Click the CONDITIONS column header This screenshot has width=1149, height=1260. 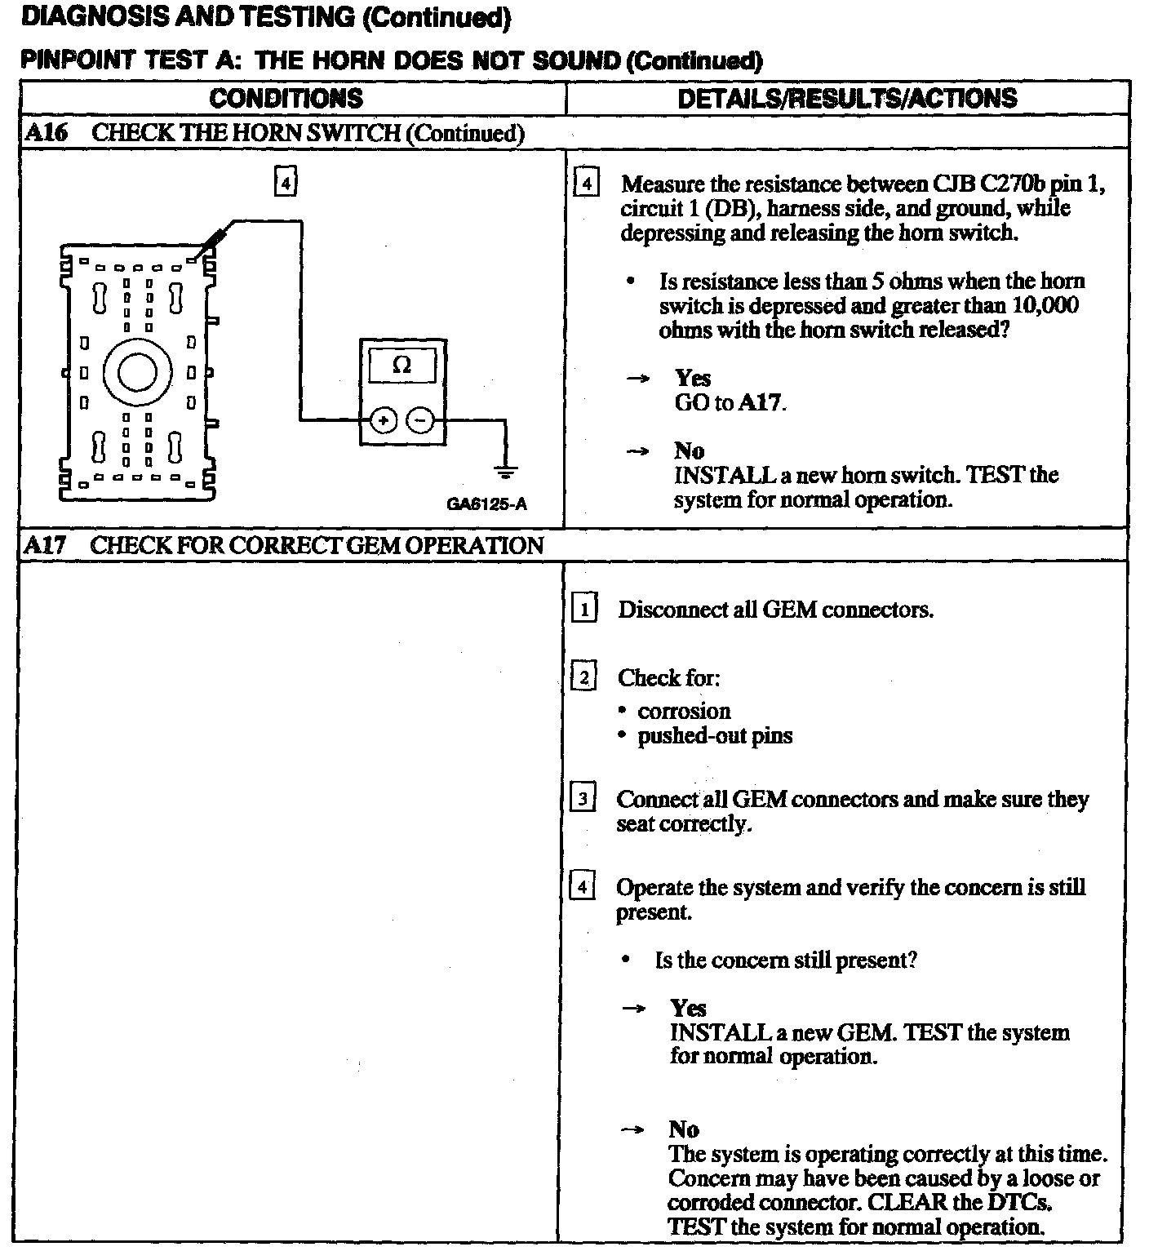coord(286,99)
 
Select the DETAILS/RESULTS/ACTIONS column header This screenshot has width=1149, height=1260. coord(847,99)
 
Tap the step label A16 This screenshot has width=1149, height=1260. coord(46,133)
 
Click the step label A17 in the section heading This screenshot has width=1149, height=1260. coord(44,545)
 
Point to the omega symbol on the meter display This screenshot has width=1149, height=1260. coord(401,365)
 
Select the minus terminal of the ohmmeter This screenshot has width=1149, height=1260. coord(421,421)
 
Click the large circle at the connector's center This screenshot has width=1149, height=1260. coord(137,372)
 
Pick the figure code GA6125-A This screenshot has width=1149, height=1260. coord(486,504)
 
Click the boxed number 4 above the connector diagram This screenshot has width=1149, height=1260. coord(285,182)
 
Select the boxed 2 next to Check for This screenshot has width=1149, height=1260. coord(583,677)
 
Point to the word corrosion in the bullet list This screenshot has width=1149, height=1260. coord(684,711)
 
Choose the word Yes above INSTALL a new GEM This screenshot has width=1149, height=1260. coord(688,1009)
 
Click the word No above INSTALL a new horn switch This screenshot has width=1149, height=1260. coord(690,450)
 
